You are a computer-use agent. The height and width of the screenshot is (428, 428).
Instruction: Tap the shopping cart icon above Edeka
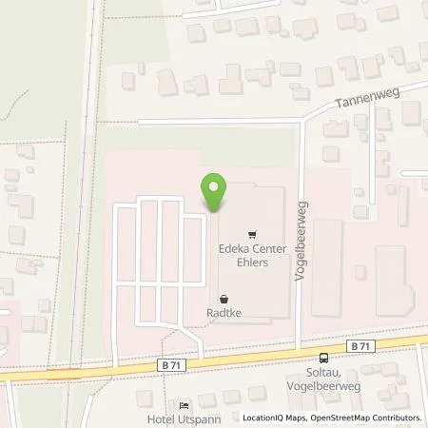pos(251,231)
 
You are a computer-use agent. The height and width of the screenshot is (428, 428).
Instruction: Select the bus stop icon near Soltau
pos(326,359)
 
